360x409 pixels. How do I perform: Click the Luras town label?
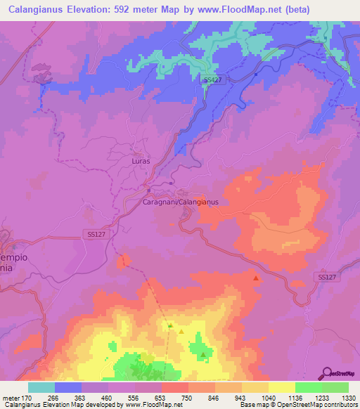(x=141, y=161)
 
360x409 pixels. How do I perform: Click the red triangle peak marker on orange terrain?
(x=256, y=279)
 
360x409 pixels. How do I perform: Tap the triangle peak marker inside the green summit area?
(x=203, y=354)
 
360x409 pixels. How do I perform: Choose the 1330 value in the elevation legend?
(x=347, y=397)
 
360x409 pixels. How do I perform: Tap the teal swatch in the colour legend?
(x=41, y=387)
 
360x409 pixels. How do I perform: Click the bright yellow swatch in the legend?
(x=282, y=387)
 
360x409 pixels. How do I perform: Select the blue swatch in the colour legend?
(x=68, y=387)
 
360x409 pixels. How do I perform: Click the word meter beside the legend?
(x=11, y=397)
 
